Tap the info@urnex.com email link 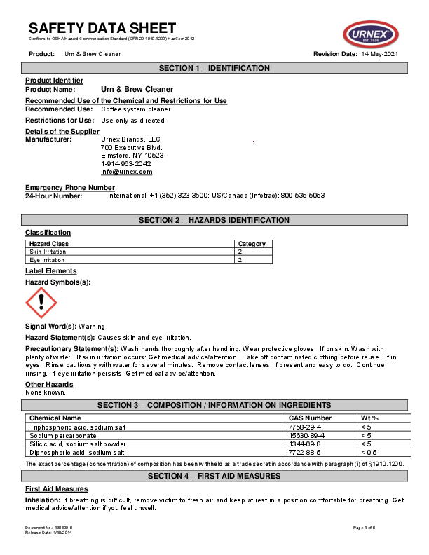[x=126, y=172]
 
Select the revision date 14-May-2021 [x=380, y=54]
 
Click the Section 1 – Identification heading [x=214, y=68]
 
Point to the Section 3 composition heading [x=214, y=405]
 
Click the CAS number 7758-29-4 [x=306, y=427]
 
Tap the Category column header [x=252, y=244]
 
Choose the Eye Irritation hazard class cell [x=48, y=260]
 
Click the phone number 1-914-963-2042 [x=125, y=163]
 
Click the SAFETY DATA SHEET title [x=102, y=28]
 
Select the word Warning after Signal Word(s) [x=91, y=327]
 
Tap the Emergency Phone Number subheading [x=70, y=187]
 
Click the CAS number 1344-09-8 [x=306, y=444]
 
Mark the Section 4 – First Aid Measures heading [x=214, y=476]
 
